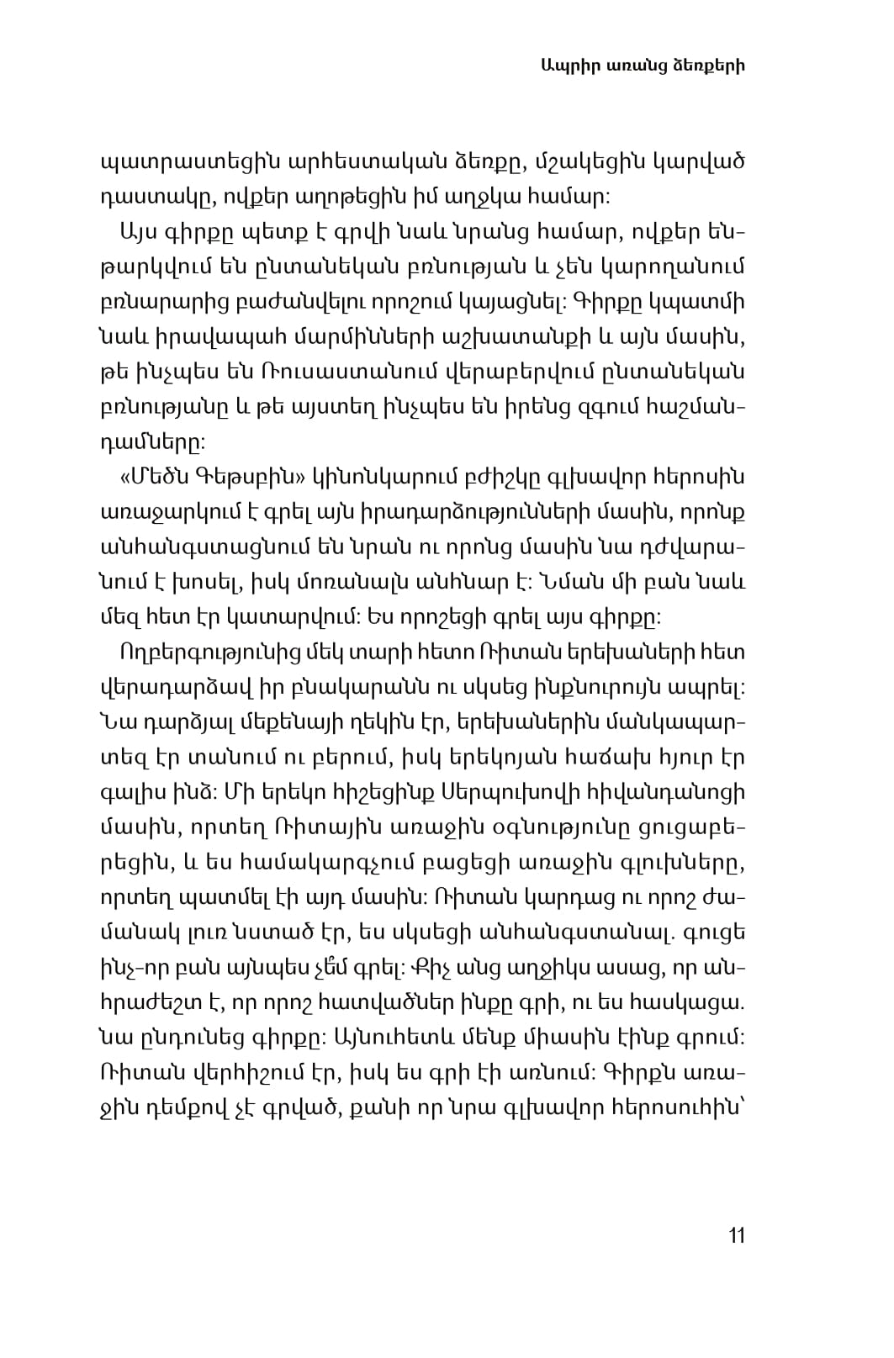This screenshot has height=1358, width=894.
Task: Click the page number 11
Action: (737, 1235)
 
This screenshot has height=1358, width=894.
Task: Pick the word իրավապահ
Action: (209, 337)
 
